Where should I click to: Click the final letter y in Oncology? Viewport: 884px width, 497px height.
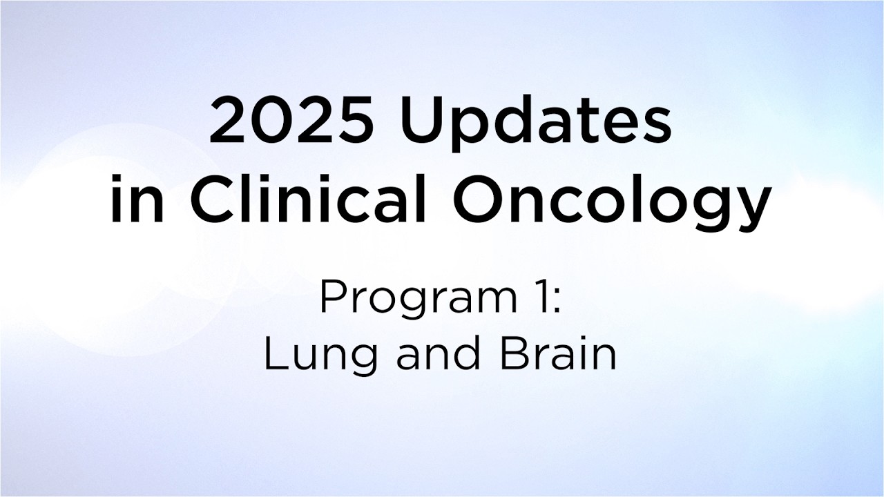coord(752,208)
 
